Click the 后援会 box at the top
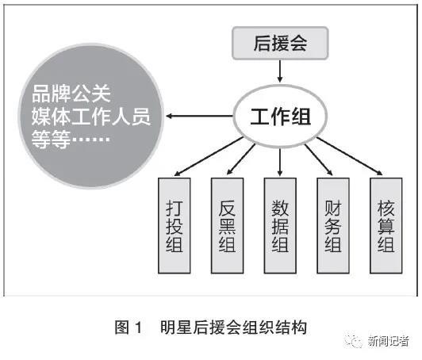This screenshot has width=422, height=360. pos(280,43)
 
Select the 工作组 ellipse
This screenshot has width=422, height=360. pos(280,117)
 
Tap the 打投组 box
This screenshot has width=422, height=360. pos(175,225)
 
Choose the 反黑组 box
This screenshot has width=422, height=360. pos(227,225)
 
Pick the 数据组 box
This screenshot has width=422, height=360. pos(280,225)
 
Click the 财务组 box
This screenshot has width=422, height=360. pos(333,225)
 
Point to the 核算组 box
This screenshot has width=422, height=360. pos(386,225)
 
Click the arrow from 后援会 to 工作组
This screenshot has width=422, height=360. pos(280,71)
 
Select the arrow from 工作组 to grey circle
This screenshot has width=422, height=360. pos(199,117)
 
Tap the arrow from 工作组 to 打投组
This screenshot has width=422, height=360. pos(209,156)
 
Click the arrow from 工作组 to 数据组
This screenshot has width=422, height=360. pos(280,162)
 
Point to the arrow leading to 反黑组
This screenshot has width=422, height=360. pos(241,159)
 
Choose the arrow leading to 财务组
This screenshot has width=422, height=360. pos(319,160)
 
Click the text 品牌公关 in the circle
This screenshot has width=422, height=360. pos(71,94)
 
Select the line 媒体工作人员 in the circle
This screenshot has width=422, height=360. pos(91,117)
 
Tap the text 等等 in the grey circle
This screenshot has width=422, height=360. pos(51,139)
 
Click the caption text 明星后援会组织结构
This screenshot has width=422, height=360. pos(233,327)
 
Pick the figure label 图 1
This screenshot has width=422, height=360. pos(129,327)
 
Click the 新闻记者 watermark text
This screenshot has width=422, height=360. pos(389,342)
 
